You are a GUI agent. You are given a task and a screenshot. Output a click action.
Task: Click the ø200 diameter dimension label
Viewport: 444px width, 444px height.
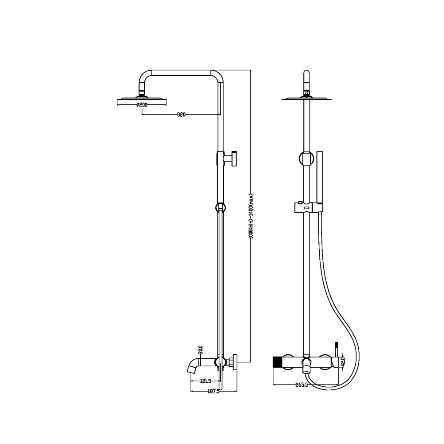[142, 105]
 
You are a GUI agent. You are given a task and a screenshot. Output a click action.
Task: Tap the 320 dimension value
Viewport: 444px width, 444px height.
[181, 115]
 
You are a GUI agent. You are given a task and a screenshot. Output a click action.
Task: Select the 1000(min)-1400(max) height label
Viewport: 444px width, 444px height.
[250, 216]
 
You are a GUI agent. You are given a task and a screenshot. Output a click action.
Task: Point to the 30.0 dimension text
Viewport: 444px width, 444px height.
[201, 350]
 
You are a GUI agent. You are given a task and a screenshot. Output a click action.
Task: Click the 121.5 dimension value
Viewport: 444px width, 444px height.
[206, 381]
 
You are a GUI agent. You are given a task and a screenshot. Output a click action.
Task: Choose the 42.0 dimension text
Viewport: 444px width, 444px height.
[343, 362]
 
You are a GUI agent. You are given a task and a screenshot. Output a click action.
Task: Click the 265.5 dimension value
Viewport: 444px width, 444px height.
[301, 385]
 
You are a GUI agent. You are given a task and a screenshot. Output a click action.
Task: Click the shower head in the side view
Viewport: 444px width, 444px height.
[142, 99]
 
